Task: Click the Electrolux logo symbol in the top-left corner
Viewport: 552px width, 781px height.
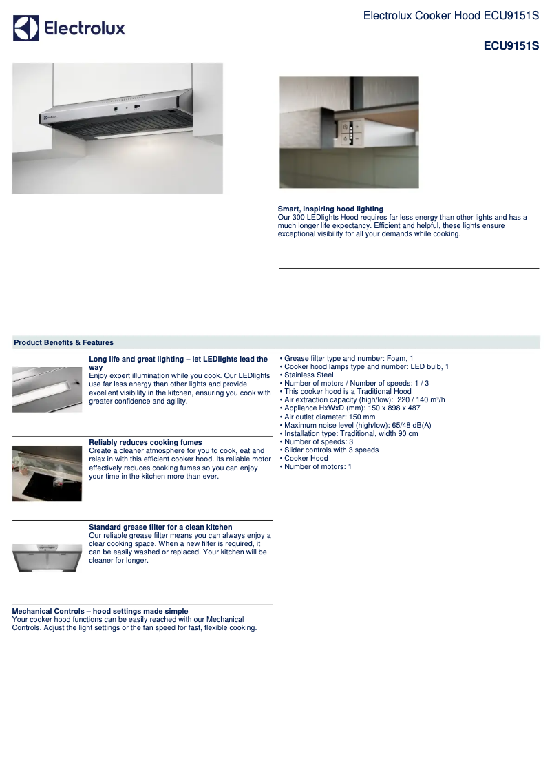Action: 26,28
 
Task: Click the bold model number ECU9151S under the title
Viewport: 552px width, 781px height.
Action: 511,47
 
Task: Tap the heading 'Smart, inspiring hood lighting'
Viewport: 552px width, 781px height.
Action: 330,209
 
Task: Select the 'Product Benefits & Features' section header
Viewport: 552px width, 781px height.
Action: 64,342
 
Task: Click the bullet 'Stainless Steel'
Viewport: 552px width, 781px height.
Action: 308,375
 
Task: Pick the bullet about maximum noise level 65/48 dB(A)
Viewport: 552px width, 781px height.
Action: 357,425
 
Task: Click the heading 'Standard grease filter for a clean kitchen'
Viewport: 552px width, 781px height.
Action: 160,527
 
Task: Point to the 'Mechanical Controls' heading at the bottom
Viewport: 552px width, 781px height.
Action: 100,611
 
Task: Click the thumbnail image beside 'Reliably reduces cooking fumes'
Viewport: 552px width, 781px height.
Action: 47,473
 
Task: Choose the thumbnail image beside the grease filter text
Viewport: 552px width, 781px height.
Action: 47,557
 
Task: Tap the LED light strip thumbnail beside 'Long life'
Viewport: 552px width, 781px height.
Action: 47,389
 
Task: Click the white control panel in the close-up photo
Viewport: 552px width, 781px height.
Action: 350,132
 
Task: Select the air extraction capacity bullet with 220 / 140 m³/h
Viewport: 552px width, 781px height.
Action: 364,399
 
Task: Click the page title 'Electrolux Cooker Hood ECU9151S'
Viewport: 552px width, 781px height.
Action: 451,15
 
